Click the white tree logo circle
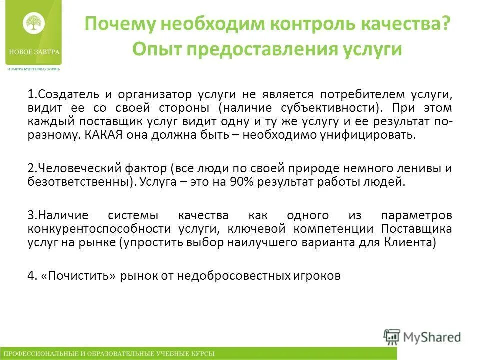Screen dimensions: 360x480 coord(34,23)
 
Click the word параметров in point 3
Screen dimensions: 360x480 coord(416,215)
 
